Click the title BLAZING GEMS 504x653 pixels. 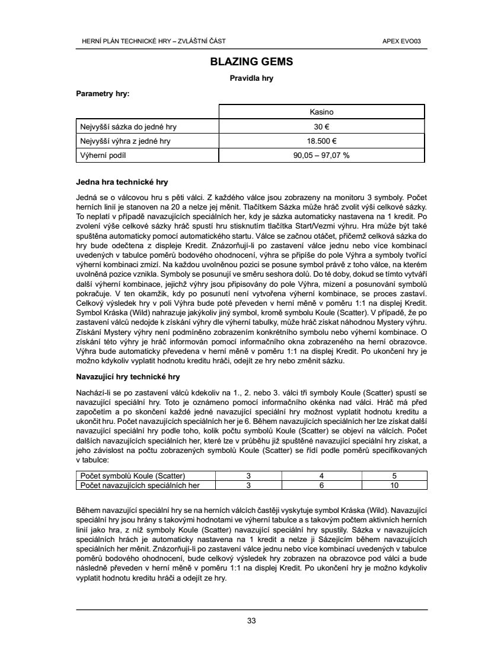point(251,62)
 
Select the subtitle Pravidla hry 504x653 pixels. point(251,78)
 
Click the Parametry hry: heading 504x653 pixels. point(103,93)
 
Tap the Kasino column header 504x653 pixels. point(322,112)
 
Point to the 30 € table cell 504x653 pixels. point(322,126)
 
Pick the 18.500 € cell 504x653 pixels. point(322,141)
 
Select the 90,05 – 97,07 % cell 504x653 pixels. point(322,156)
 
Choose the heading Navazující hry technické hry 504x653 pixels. point(128,376)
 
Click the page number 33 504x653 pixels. point(251,621)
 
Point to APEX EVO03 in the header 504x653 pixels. point(406,41)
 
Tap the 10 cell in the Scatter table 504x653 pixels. point(394,485)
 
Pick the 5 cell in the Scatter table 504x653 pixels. point(394,476)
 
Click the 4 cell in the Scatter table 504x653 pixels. point(321,476)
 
